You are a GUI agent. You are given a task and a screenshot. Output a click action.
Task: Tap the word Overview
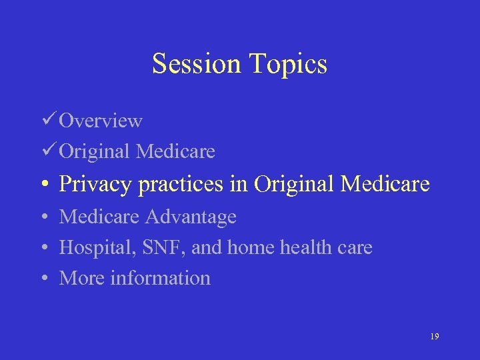click(x=101, y=121)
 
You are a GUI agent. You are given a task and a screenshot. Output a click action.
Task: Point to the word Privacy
click(x=96, y=185)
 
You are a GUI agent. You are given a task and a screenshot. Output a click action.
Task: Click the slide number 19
click(x=434, y=337)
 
